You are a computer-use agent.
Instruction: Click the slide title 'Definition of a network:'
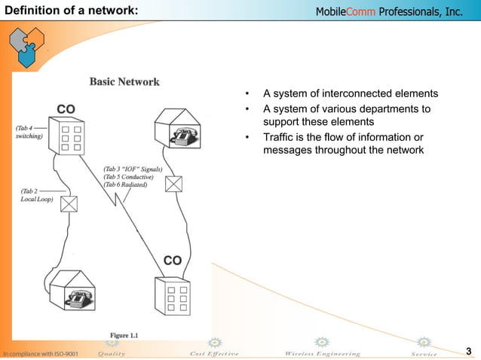pos(69,11)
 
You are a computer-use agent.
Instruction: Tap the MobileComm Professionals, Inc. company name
pos(387,12)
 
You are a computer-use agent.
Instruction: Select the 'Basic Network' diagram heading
pos(124,81)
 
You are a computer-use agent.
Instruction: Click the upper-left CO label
pos(66,109)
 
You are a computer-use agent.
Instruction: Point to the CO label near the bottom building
pos(173,261)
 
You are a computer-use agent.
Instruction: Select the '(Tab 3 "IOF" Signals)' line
pos(133,170)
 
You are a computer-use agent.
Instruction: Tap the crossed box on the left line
pos(69,204)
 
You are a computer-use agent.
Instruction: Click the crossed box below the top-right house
pos(173,183)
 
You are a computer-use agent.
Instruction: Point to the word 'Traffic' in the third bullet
pos(279,137)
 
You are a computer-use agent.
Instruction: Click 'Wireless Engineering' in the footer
pos(322,353)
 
